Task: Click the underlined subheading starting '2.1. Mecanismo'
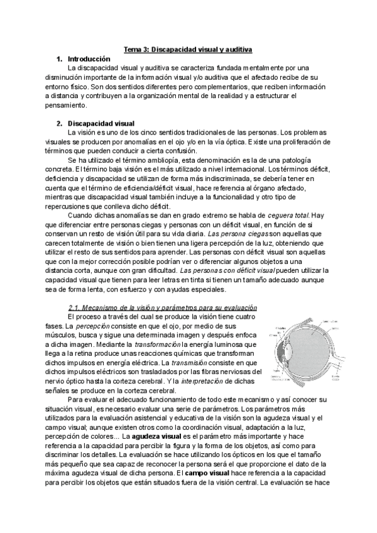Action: click(x=162, y=307)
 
